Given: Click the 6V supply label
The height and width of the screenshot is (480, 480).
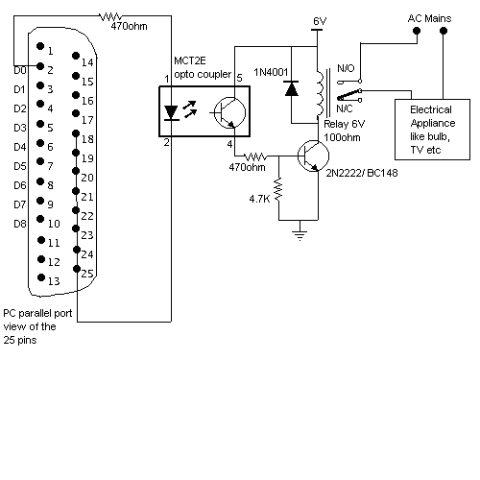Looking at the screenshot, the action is [x=320, y=21].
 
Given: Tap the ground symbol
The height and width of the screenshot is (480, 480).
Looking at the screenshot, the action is [x=300, y=233].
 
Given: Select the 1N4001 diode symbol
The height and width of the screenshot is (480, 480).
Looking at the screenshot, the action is [x=292, y=88].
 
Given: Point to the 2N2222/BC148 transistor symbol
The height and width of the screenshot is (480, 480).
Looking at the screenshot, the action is [x=313, y=156].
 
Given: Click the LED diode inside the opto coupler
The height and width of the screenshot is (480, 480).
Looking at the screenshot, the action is [x=171, y=112].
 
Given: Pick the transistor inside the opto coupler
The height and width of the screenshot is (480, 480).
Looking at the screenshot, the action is [x=229, y=112].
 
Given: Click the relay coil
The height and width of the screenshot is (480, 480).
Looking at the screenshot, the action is [x=321, y=93].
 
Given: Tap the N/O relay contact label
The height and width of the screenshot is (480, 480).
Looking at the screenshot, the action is [x=346, y=68].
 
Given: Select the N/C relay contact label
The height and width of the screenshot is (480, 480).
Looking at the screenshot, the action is [x=345, y=108].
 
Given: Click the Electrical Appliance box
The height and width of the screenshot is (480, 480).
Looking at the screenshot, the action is [x=432, y=130].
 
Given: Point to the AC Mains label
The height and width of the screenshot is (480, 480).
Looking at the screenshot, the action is [x=429, y=18].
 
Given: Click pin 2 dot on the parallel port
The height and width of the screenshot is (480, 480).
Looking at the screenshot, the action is [x=40, y=66].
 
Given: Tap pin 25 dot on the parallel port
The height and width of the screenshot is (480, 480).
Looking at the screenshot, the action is [x=77, y=269].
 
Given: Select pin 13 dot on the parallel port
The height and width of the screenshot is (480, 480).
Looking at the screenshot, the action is [x=41, y=277].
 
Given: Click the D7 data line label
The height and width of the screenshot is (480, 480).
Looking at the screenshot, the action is [x=20, y=204].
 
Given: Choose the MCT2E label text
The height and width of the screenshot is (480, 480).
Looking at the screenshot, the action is [x=190, y=60].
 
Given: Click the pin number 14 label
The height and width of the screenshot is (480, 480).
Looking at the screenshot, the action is [x=87, y=62].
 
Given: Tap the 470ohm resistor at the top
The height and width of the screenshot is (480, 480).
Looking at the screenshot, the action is [x=111, y=16].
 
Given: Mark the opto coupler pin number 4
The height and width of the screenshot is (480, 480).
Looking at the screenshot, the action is [x=229, y=144].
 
